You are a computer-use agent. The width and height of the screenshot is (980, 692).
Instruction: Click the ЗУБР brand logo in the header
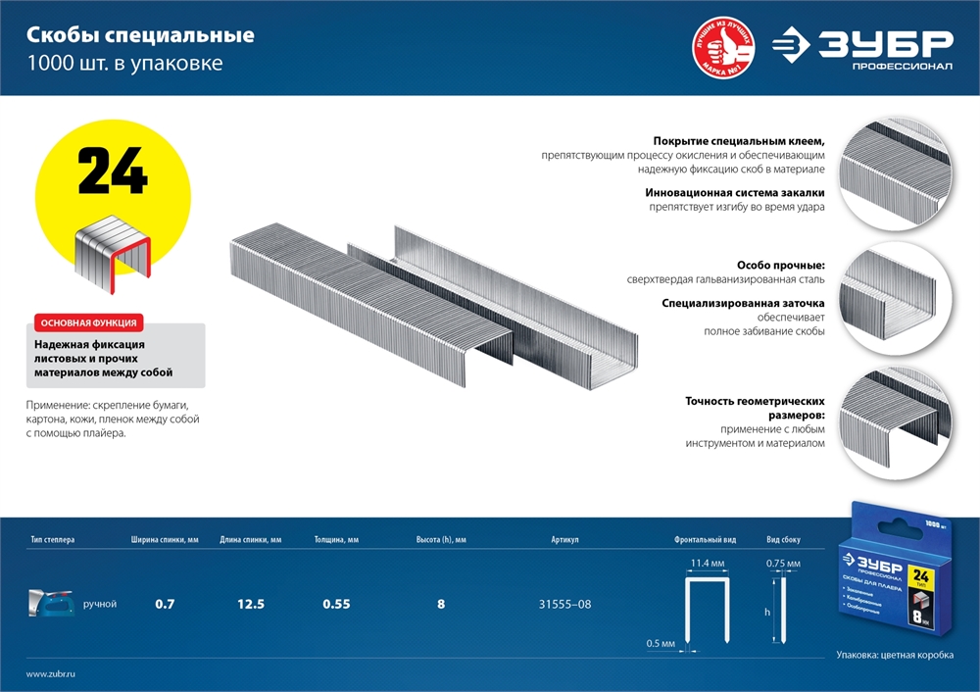[x=862, y=47]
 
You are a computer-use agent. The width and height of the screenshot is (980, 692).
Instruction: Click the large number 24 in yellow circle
[x=112, y=173]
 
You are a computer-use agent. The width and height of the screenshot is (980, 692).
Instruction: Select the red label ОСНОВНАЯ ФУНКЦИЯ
[x=87, y=322]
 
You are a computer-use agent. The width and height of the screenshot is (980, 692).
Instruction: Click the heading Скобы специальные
[x=140, y=36]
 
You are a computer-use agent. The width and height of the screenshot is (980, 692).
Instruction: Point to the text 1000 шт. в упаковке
[x=124, y=65]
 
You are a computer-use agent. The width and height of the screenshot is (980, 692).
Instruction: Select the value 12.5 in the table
[x=251, y=604]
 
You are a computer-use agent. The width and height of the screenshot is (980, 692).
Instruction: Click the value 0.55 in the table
[x=336, y=604]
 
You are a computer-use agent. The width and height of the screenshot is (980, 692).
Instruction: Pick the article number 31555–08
[x=565, y=604]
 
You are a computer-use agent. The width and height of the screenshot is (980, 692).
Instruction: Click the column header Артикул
[x=565, y=540]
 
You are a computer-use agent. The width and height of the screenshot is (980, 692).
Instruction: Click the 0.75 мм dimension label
[x=783, y=564]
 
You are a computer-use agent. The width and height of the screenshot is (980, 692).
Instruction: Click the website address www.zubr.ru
[x=51, y=673]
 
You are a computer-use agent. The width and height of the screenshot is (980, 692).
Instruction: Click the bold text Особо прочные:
[x=780, y=265]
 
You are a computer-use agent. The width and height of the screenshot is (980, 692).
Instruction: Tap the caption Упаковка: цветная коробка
[x=895, y=655]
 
